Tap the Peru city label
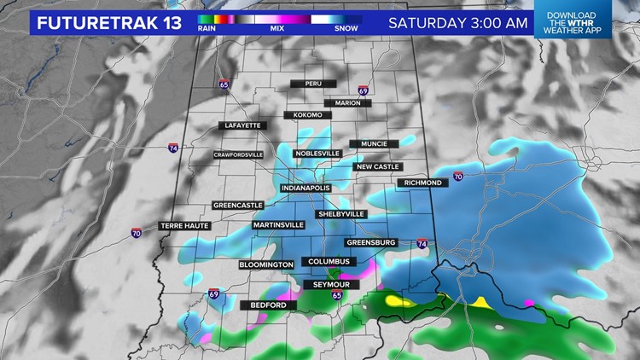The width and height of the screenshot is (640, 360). point(312,84)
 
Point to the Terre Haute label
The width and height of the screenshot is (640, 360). point(183,226)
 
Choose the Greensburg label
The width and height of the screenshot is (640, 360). point(395,243)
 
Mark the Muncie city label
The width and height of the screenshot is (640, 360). point(375,144)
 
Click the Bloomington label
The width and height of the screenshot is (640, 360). point(265,265)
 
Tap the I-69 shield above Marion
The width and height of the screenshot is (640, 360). point(363,90)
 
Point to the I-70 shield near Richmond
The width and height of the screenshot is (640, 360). point(458,177)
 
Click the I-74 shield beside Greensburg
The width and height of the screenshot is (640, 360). point(422,243)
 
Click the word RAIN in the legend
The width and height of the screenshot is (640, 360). point(207,27)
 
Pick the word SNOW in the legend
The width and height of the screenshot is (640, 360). point(346,27)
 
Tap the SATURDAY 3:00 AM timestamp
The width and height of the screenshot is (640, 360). point(458,22)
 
